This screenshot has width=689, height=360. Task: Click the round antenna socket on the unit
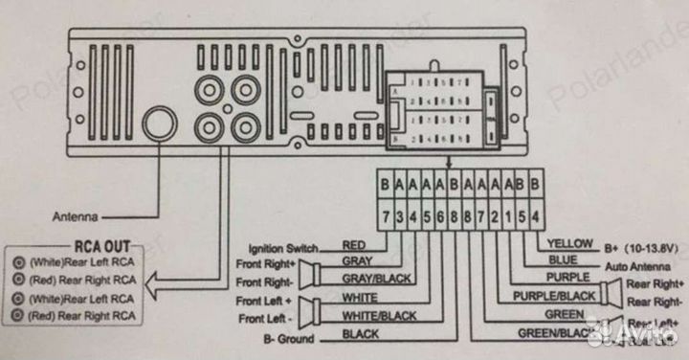(159, 122)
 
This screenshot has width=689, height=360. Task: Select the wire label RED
(355, 245)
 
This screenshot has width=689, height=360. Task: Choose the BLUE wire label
(561, 259)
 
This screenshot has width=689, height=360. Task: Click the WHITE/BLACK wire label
(379, 315)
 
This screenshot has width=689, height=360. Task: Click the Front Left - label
(265, 318)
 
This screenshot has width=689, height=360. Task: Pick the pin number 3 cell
(398, 215)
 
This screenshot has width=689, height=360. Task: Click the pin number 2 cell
(494, 215)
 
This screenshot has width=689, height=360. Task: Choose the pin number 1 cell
(507, 215)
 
